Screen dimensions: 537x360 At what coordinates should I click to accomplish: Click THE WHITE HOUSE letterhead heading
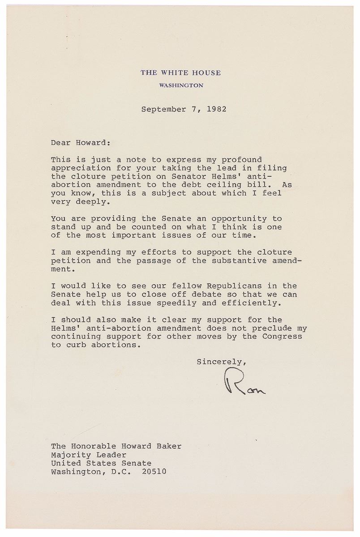(180, 72)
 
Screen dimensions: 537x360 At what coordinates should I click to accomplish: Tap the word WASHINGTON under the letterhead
(181, 85)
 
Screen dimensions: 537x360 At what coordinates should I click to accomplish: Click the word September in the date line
(161, 109)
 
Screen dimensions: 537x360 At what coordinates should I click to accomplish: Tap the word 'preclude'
(273, 328)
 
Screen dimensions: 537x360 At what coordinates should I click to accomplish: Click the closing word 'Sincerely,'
(222, 362)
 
